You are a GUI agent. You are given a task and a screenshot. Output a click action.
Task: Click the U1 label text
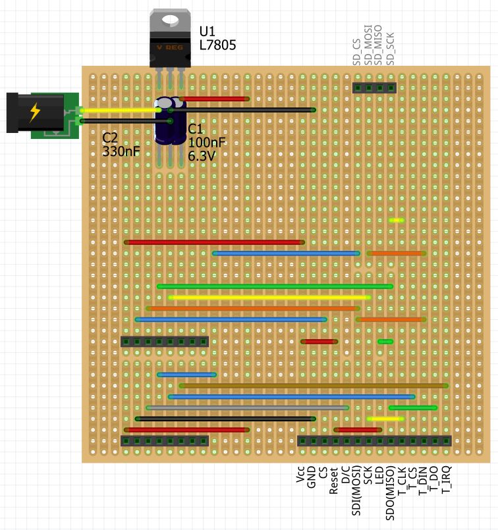pyautogui.click(x=207, y=32)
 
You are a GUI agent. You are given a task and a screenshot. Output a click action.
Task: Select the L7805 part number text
pyautogui.click(x=217, y=45)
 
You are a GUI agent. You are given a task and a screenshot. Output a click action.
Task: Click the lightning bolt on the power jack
pyautogui.click(x=34, y=113)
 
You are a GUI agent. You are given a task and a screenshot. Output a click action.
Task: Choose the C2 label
pyautogui.click(x=110, y=138)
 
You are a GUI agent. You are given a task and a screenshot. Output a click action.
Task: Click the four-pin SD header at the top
pyautogui.click(x=373, y=88)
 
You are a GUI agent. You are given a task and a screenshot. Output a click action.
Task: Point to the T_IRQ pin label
pyautogui.click(x=446, y=479)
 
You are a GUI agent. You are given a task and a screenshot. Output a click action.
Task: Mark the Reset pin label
pyautogui.click(x=334, y=480)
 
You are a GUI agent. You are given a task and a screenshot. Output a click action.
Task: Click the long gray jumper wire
pyautogui.click(x=247, y=408)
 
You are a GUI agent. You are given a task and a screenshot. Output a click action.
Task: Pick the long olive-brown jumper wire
pyautogui.click(x=313, y=386)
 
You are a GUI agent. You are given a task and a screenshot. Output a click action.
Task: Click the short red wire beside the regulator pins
pyautogui.click(x=213, y=99)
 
